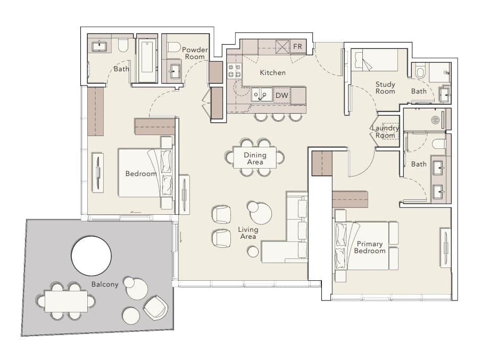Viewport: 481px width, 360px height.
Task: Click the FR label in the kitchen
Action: pos(297,46)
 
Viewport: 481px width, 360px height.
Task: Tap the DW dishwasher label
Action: pos(282,95)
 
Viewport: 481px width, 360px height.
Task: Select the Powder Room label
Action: pos(195,53)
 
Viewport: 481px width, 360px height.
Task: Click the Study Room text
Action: pos(385,88)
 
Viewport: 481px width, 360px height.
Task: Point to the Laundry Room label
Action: pos(385,131)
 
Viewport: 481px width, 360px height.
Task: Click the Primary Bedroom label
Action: pos(370,247)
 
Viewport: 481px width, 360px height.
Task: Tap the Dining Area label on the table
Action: pos(255,158)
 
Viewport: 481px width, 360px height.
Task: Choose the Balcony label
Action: pos(105,284)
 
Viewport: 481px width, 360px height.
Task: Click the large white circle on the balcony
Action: pos(92,256)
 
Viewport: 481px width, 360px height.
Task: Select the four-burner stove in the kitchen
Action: pos(234,70)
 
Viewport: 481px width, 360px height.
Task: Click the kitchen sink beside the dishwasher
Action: pos(262,95)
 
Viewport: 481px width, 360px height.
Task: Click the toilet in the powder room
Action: pos(174,47)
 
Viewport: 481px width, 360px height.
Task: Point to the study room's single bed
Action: pos(374,60)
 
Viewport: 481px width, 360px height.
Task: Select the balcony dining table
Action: pos(66,301)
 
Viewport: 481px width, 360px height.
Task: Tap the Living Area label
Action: pos(248,233)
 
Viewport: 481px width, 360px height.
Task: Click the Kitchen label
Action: pos(273,73)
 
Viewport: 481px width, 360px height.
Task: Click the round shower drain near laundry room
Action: pos(435,120)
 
